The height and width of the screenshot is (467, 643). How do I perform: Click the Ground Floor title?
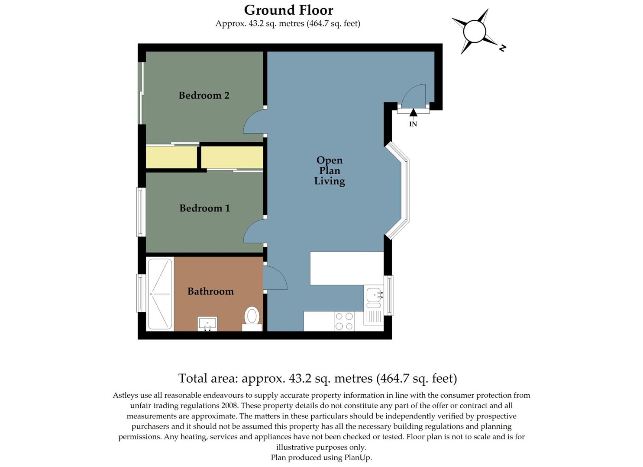coord(288,10)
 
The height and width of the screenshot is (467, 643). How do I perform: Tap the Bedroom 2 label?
coord(204,95)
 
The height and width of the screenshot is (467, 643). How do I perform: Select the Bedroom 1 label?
coord(204,208)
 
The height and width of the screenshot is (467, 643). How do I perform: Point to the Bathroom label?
coord(210,291)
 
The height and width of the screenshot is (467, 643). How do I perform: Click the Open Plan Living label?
coord(330,171)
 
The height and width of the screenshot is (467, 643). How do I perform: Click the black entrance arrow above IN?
coord(413,113)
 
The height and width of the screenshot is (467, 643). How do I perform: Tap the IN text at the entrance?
coord(413,124)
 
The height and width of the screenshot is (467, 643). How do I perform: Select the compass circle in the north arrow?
coord(474,32)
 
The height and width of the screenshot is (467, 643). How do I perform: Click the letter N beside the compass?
coord(502,48)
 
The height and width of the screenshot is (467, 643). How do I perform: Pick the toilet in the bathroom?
coord(252,317)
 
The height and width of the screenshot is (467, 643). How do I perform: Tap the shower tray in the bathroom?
coord(160,294)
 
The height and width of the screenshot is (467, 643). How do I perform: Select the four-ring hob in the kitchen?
coord(344,321)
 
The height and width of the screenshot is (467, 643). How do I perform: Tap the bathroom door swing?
coord(274,278)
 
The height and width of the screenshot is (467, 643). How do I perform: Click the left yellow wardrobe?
coord(171,157)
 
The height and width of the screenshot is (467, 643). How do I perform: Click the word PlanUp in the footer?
coord(358,457)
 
